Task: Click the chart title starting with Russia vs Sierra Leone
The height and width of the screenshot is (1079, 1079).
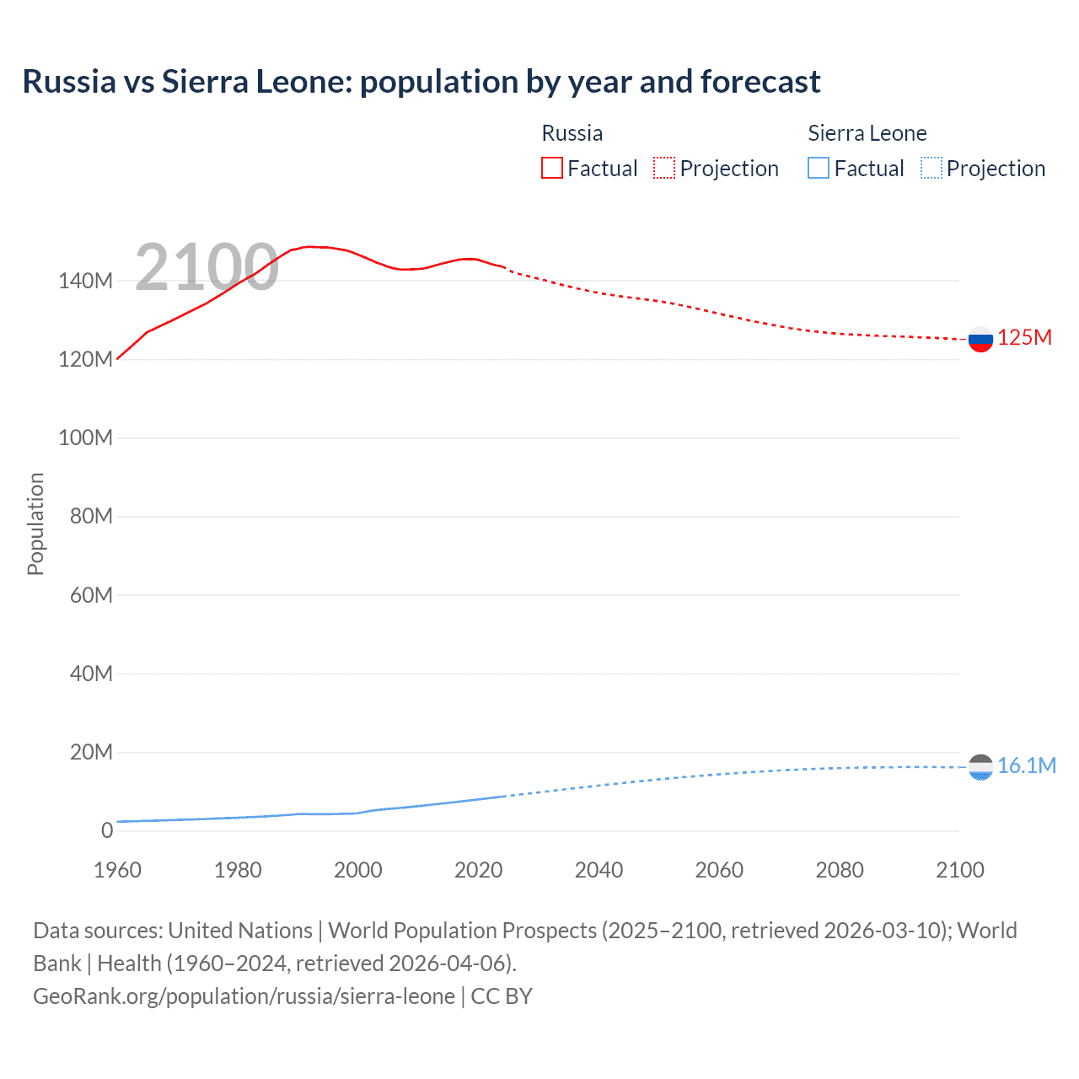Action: pyautogui.click(x=421, y=82)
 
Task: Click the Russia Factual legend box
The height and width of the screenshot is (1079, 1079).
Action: pyautogui.click(x=551, y=168)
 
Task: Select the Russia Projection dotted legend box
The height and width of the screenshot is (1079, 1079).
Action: pyautogui.click(x=664, y=168)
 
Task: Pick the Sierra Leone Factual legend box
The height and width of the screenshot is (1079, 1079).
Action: pyautogui.click(x=818, y=168)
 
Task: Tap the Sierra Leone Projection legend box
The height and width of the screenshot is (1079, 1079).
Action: pyautogui.click(x=931, y=168)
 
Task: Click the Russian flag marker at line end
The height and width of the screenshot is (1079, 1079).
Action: pyautogui.click(x=980, y=340)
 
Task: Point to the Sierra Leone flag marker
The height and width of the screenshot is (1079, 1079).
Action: pyautogui.click(x=980, y=767)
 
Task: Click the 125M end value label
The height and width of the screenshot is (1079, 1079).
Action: pyautogui.click(x=1024, y=338)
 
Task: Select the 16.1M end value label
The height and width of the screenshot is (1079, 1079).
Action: pyautogui.click(x=1026, y=765)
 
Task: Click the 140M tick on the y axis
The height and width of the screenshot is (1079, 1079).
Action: pyautogui.click(x=85, y=281)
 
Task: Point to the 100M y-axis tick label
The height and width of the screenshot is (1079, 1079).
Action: pyautogui.click(x=85, y=438)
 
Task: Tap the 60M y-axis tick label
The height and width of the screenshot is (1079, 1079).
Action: pyautogui.click(x=91, y=595)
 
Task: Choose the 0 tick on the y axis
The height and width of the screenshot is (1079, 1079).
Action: pyautogui.click(x=107, y=830)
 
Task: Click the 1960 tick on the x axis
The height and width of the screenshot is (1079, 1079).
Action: pyautogui.click(x=117, y=870)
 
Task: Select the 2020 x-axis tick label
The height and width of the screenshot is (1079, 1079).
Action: pyautogui.click(x=478, y=870)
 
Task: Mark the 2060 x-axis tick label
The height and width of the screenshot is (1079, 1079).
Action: pyautogui.click(x=719, y=870)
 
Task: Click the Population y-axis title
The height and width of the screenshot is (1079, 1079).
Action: pyautogui.click(x=35, y=523)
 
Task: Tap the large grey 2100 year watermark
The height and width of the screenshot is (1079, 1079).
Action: pyautogui.click(x=207, y=267)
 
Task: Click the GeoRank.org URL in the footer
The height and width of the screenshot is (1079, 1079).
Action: pyautogui.click(x=244, y=996)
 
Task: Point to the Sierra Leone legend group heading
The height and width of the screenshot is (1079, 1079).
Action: pyautogui.click(x=867, y=133)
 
